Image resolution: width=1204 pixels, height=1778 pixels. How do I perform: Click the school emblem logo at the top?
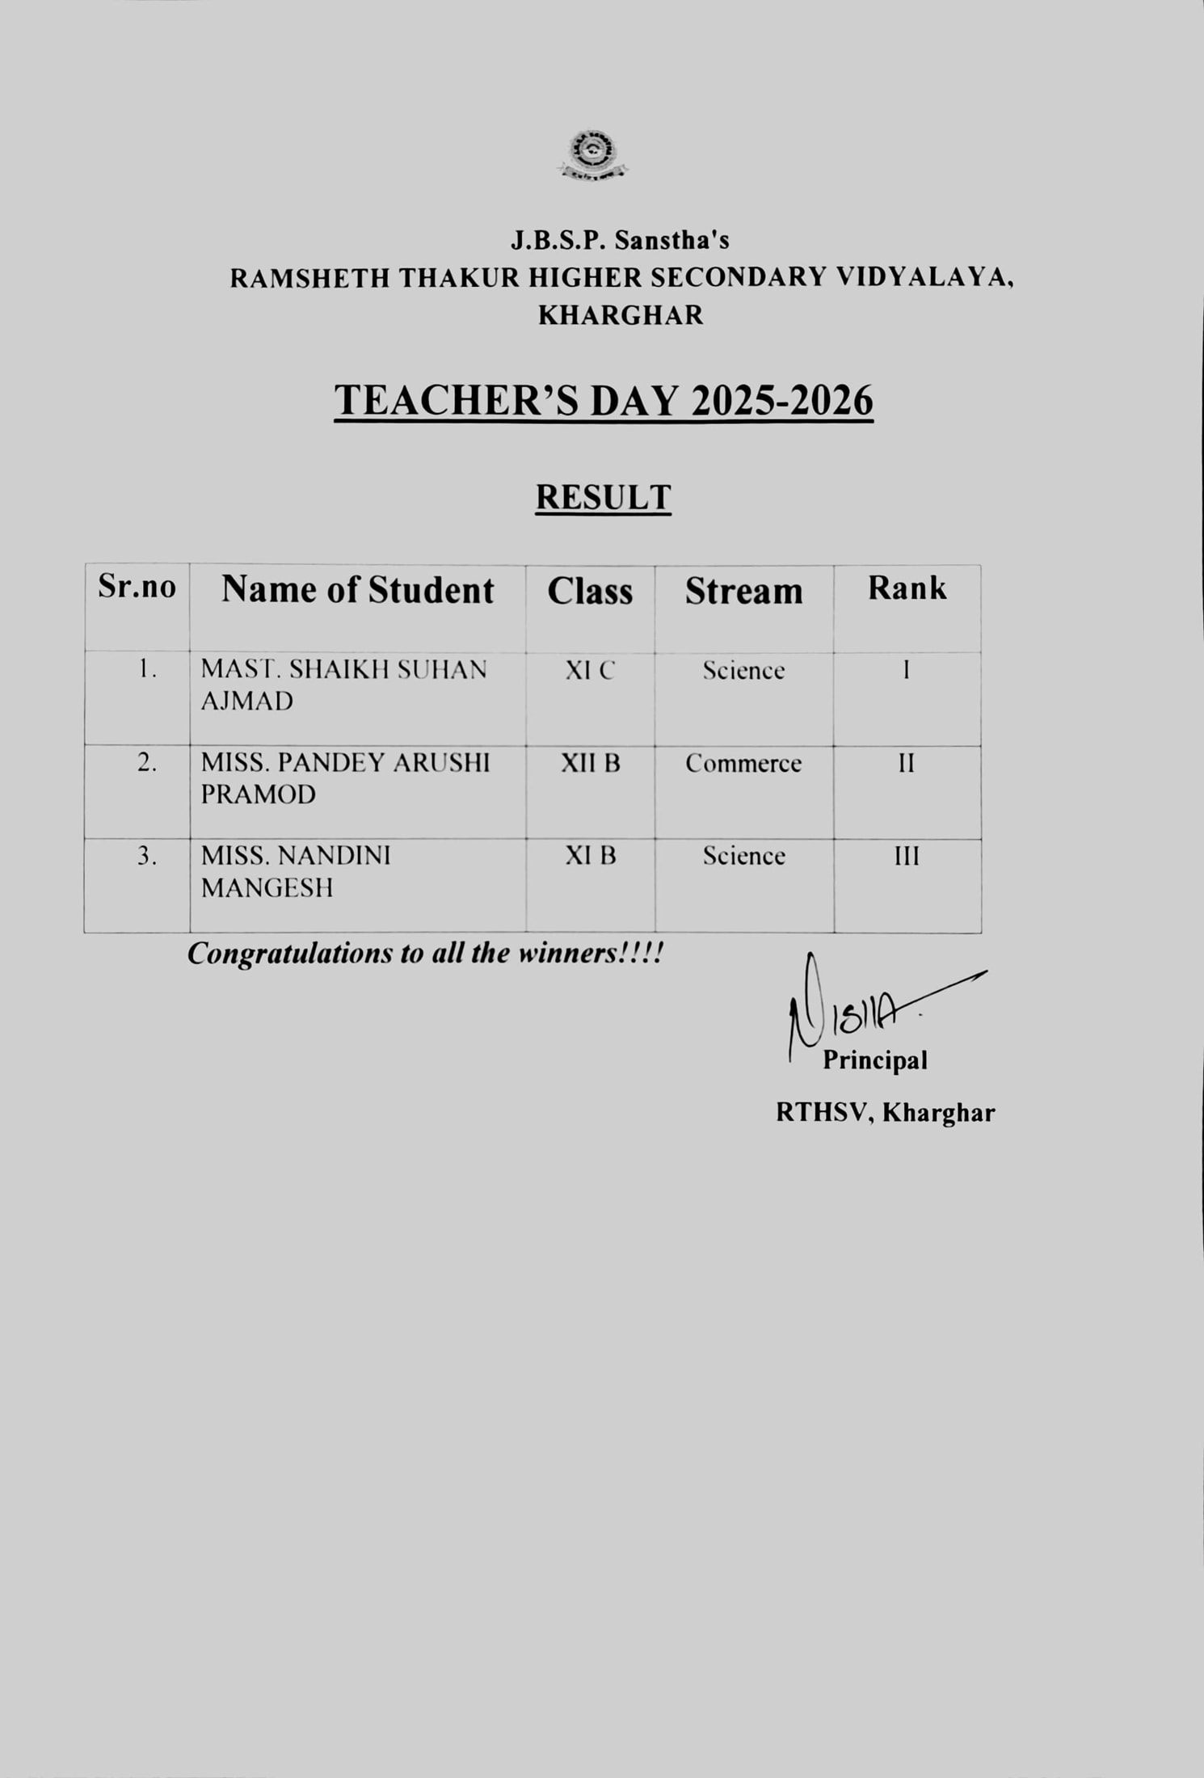tap(593, 154)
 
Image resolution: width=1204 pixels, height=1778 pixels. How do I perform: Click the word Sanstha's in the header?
tap(672, 240)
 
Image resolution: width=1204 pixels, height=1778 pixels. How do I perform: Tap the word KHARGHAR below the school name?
tap(621, 315)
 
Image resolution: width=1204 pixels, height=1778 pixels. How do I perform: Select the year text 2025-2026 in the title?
tap(782, 401)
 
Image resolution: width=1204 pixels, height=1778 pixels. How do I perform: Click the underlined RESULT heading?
tap(603, 498)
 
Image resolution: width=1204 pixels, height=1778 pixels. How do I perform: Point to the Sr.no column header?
tap(137, 587)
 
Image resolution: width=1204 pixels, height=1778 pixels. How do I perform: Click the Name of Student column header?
tap(357, 590)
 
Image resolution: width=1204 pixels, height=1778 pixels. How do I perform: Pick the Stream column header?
tap(743, 592)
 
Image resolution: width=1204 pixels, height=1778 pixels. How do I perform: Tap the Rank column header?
tap(907, 588)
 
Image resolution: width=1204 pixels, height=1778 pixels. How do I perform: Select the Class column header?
tap(590, 592)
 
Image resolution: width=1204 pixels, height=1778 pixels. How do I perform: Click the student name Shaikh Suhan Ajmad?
tap(343, 685)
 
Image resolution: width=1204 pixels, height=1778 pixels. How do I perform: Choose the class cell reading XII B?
tap(591, 763)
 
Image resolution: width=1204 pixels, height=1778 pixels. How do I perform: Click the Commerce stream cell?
tap(743, 764)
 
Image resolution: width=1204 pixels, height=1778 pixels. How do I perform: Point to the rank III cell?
tap(907, 857)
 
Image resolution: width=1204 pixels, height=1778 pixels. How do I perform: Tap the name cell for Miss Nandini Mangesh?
tap(296, 871)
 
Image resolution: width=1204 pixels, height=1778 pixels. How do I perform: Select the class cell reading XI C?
tap(590, 671)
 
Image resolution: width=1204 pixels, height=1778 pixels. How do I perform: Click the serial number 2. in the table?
tap(146, 763)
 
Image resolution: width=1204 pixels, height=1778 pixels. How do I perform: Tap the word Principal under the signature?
tap(874, 1060)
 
